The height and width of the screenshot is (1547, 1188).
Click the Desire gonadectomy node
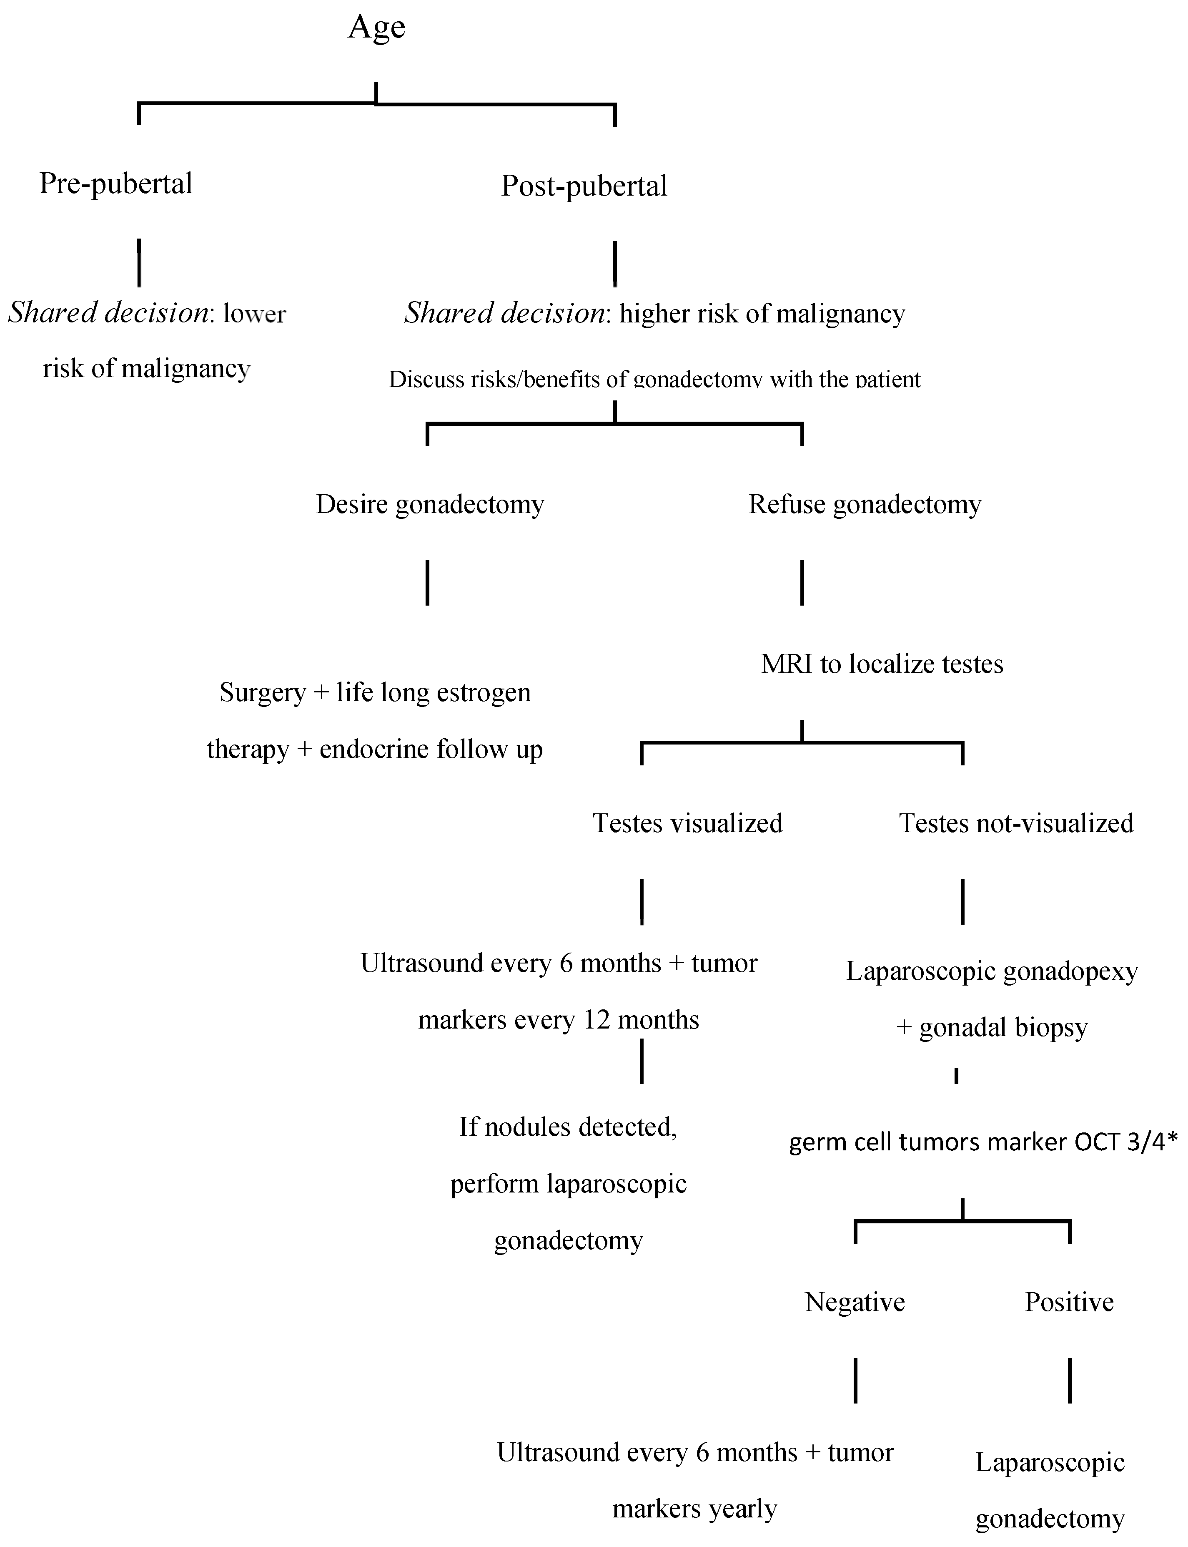tap(430, 504)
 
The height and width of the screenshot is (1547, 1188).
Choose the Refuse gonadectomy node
tap(865, 504)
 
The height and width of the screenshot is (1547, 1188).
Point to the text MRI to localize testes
tap(882, 664)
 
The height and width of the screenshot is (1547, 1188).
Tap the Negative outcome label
tap(855, 1302)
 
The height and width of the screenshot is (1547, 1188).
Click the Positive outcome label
tap(1069, 1302)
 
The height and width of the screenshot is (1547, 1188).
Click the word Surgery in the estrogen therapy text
tap(262, 692)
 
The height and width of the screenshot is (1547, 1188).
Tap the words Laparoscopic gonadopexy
tap(991, 972)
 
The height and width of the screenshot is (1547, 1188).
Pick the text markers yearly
tap(694, 1509)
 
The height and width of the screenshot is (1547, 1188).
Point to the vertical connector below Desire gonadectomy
tap(427, 583)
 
